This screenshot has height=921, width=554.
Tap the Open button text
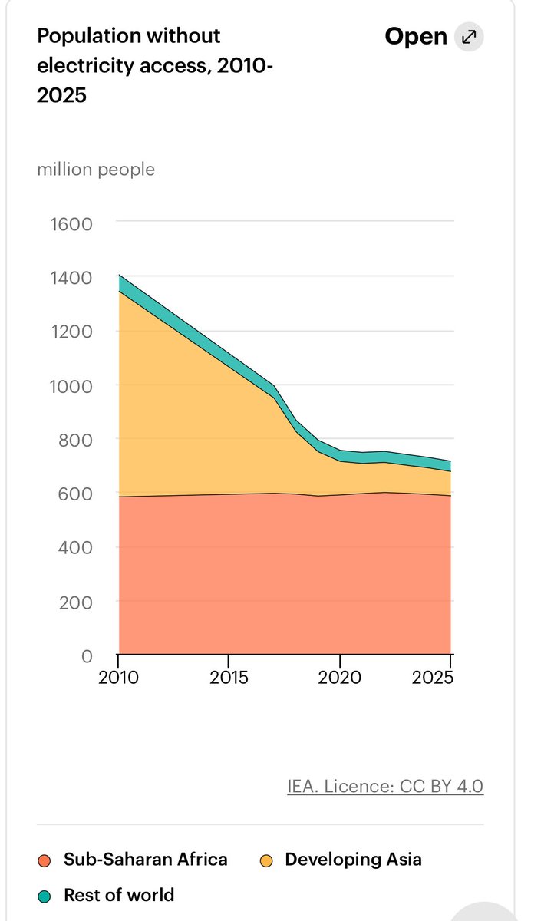coord(415,37)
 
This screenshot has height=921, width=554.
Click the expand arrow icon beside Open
coord(468,37)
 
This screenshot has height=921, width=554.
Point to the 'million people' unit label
coord(96,169)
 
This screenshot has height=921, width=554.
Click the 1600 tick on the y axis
coord(71,224)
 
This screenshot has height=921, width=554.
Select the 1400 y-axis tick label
coord(71,278)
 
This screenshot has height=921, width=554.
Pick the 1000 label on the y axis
coord(71,386)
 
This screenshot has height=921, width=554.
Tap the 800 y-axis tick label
coord(75,441)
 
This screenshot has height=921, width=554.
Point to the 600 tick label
coord(75,494)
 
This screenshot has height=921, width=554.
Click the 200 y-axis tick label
coord(75,602)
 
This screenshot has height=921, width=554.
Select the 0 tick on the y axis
coord(86,656)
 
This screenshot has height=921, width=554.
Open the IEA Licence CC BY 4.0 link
coord(385,787)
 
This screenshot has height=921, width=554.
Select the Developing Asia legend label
coord(353,859)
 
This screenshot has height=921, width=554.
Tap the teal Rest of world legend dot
coord(45,896)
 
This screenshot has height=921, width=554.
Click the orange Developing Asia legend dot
coord(266,860)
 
